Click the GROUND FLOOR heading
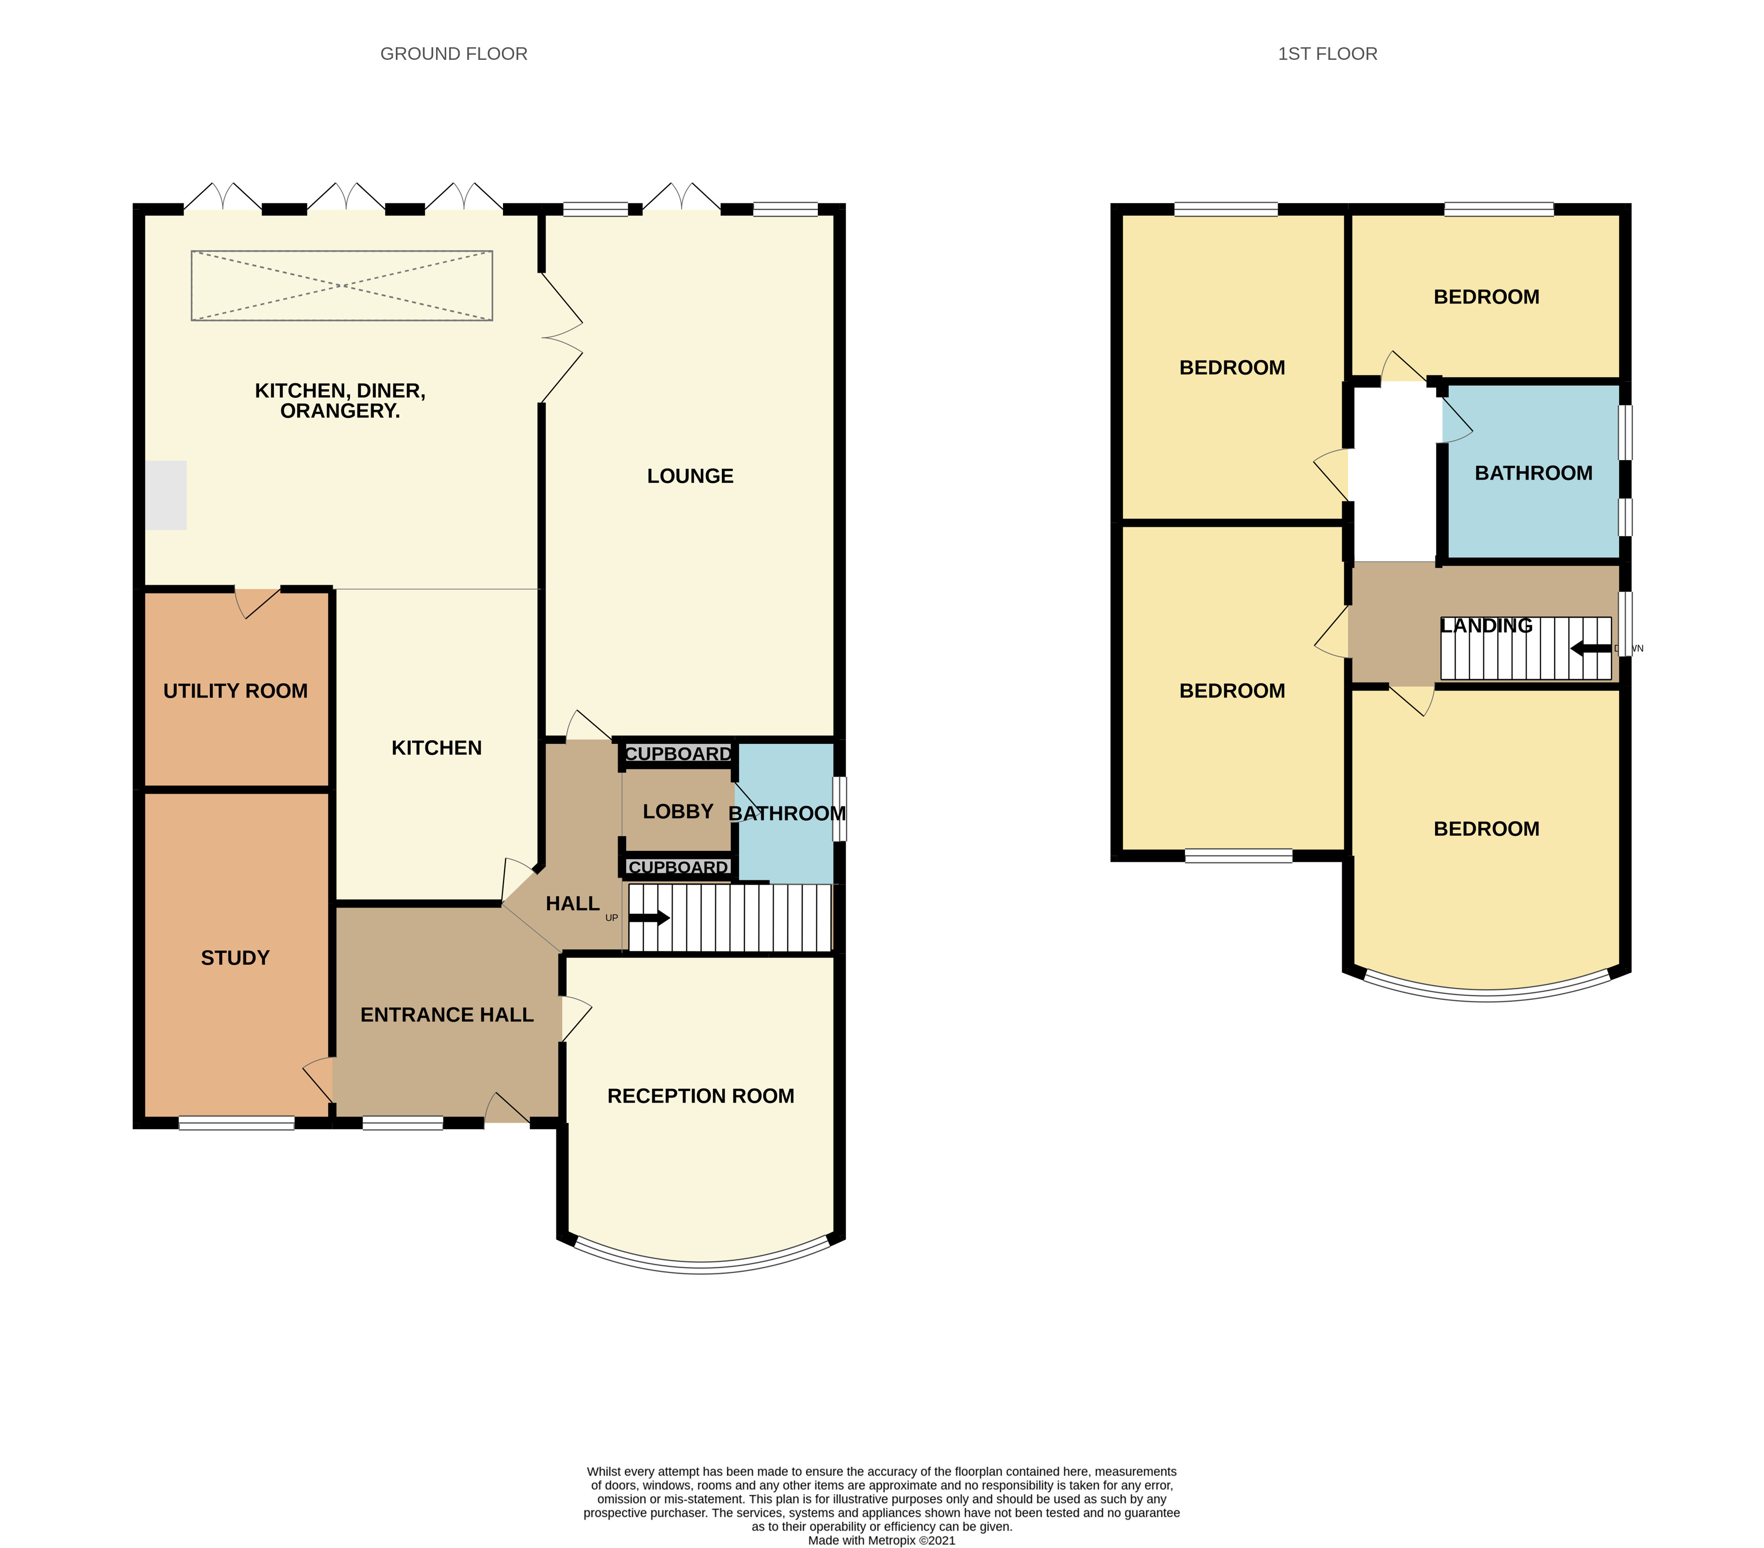coord(453,53)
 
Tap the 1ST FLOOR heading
coord(1327,53)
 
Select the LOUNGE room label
coord(691,476)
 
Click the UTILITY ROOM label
coord(235,691)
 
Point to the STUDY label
coord(235,958)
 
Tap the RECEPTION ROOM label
coord(701,1096)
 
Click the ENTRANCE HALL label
coord(447,1015)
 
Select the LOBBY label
coord(679,811)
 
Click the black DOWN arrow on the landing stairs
coord(1590,648)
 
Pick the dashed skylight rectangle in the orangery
coord(342,286)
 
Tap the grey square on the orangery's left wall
coord(165,495)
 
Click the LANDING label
coord(1486,626)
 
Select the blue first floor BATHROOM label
coord(1534,473)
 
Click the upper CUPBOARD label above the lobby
coord(679,754)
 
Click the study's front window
coord(236,1123)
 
